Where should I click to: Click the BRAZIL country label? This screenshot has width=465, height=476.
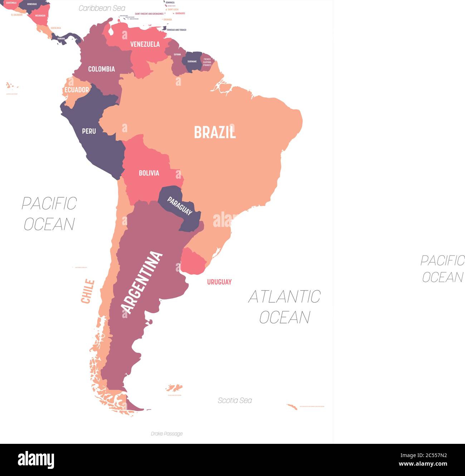pyautogui.click(x=215, y=132)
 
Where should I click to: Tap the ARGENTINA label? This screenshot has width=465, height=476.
pyautogui.click(x=141, y=282)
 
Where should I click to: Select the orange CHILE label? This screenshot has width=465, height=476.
pyautogui.click(x=88, y=291)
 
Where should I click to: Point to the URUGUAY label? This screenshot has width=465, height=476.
pyautogui.click(x=219, y=282)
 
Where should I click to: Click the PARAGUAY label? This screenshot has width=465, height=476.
pyautogui.click(x=180, y=206)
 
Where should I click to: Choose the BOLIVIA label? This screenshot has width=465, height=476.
pyautogui.click(x=149, y=173)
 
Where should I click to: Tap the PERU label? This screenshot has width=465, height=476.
pyautogui.click(x=89, y=131)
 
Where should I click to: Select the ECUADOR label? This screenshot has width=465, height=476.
pyautogui.click(x=77, y=90)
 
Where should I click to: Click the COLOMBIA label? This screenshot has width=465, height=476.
pyautogui.click(x=102, y=69)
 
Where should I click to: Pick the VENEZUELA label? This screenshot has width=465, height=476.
pyautogui.click(x=145, y=44)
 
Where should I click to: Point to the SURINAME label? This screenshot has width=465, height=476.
pyautogui.click(x=192, y=61)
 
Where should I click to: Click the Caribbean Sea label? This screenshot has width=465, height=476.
pyautogui.click(x=102, y=8)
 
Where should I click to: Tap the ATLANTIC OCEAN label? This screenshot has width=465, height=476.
pyautogui.click(x=284, y=307)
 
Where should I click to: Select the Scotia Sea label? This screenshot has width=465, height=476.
pyautogui.click(x=235, y=401)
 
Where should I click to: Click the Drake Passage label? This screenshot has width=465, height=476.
pyautogui.click(x=167, y=433)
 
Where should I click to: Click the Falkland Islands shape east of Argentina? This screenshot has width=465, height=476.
pyautogui.click(x=174, y=388)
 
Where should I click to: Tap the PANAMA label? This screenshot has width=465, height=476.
pyautogui.click(x=61, y=39)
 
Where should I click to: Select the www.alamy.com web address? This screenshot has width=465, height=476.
pyautogui.click(x=423, y=464)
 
